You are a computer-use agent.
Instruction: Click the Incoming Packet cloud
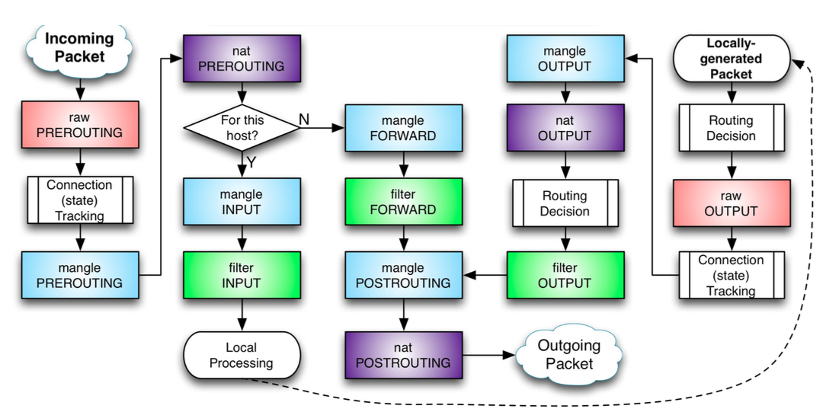[79, 47]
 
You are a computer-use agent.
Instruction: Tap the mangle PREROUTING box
[80, 274]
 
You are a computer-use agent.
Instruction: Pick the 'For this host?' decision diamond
[242, 128]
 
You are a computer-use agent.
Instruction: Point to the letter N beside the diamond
[303, 119]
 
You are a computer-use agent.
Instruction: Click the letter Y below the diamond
[251, 161]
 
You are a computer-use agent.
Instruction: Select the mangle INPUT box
[242, 201]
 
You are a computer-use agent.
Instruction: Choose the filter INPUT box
[242, 274]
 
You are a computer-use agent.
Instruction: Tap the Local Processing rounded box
[242, 355]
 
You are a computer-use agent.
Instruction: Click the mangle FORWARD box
[403, 128]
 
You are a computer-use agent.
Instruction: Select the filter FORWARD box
[403, 201]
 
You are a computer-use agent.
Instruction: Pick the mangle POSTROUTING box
[403, 274]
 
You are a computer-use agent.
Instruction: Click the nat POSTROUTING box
[403, 355]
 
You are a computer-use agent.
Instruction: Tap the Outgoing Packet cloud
[568, 355]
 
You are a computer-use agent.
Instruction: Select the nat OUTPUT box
[565, 128]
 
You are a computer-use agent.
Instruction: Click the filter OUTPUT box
[565, 274]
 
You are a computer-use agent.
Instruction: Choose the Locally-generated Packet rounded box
[731, 58]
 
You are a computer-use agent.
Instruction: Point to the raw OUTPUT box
[731, 203]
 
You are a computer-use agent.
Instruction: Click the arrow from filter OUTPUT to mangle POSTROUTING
[485, 274]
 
